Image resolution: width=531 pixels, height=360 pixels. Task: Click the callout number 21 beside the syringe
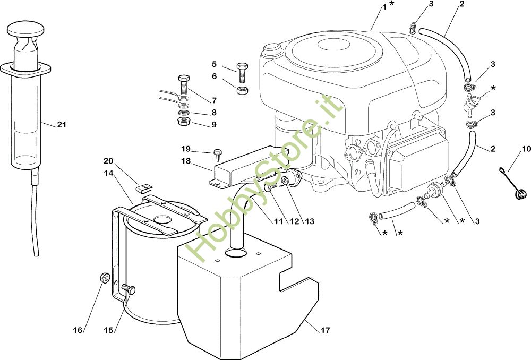click(x=62, y=125)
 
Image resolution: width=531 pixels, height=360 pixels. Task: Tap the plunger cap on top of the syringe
click(x=27, y=28)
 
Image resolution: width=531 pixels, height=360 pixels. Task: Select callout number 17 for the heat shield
click(x=325, y=330)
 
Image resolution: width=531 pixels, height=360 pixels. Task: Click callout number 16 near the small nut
click(x=78, y=330)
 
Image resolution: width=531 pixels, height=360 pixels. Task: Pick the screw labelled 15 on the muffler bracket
click(x=128, y=289)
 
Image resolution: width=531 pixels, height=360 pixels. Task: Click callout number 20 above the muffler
click(x=108, y=161)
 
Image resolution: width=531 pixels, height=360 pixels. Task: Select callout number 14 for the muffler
click(x=108, y=173)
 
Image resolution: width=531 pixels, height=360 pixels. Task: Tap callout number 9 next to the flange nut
click(x=214, y=125)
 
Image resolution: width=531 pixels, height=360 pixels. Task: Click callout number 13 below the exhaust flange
click(x=310, y=221)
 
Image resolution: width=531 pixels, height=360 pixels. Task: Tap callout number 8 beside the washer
click(x=214, y=113)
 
